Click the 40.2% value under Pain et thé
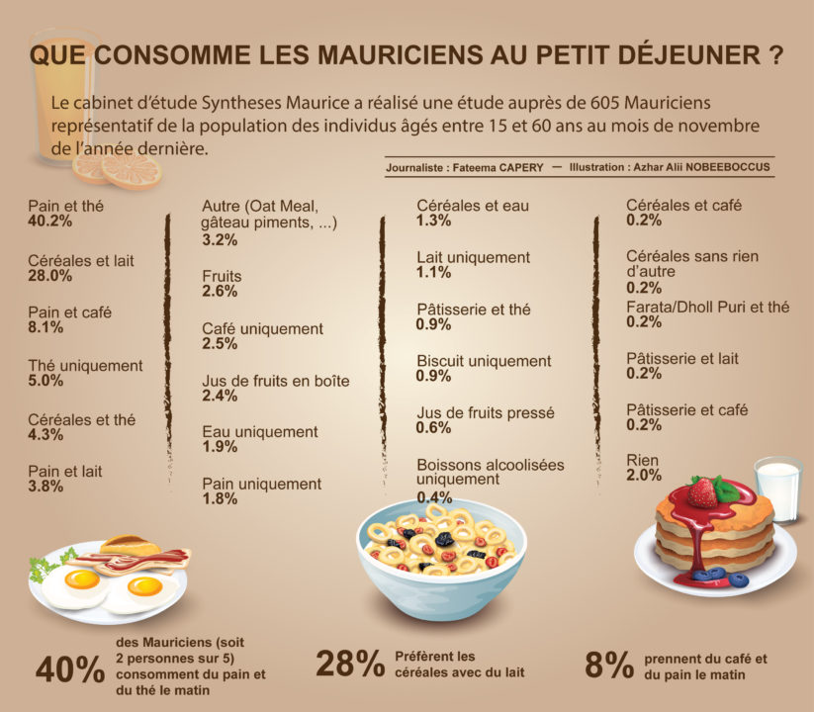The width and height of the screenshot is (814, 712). (50, 222)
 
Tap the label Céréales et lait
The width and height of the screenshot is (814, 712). (81, 261)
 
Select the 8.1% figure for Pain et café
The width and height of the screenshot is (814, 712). (45, 327)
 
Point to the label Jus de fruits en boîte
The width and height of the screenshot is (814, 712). (276, 381)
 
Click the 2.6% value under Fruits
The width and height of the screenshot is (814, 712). (220, 292)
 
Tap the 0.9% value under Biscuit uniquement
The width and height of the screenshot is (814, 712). (433, 377)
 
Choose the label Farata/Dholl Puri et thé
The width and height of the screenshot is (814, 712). (708, 308)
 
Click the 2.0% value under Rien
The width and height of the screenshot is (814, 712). (644, 476)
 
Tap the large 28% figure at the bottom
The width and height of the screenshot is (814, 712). (350, 665)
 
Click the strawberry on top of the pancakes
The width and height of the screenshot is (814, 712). (703, 491)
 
